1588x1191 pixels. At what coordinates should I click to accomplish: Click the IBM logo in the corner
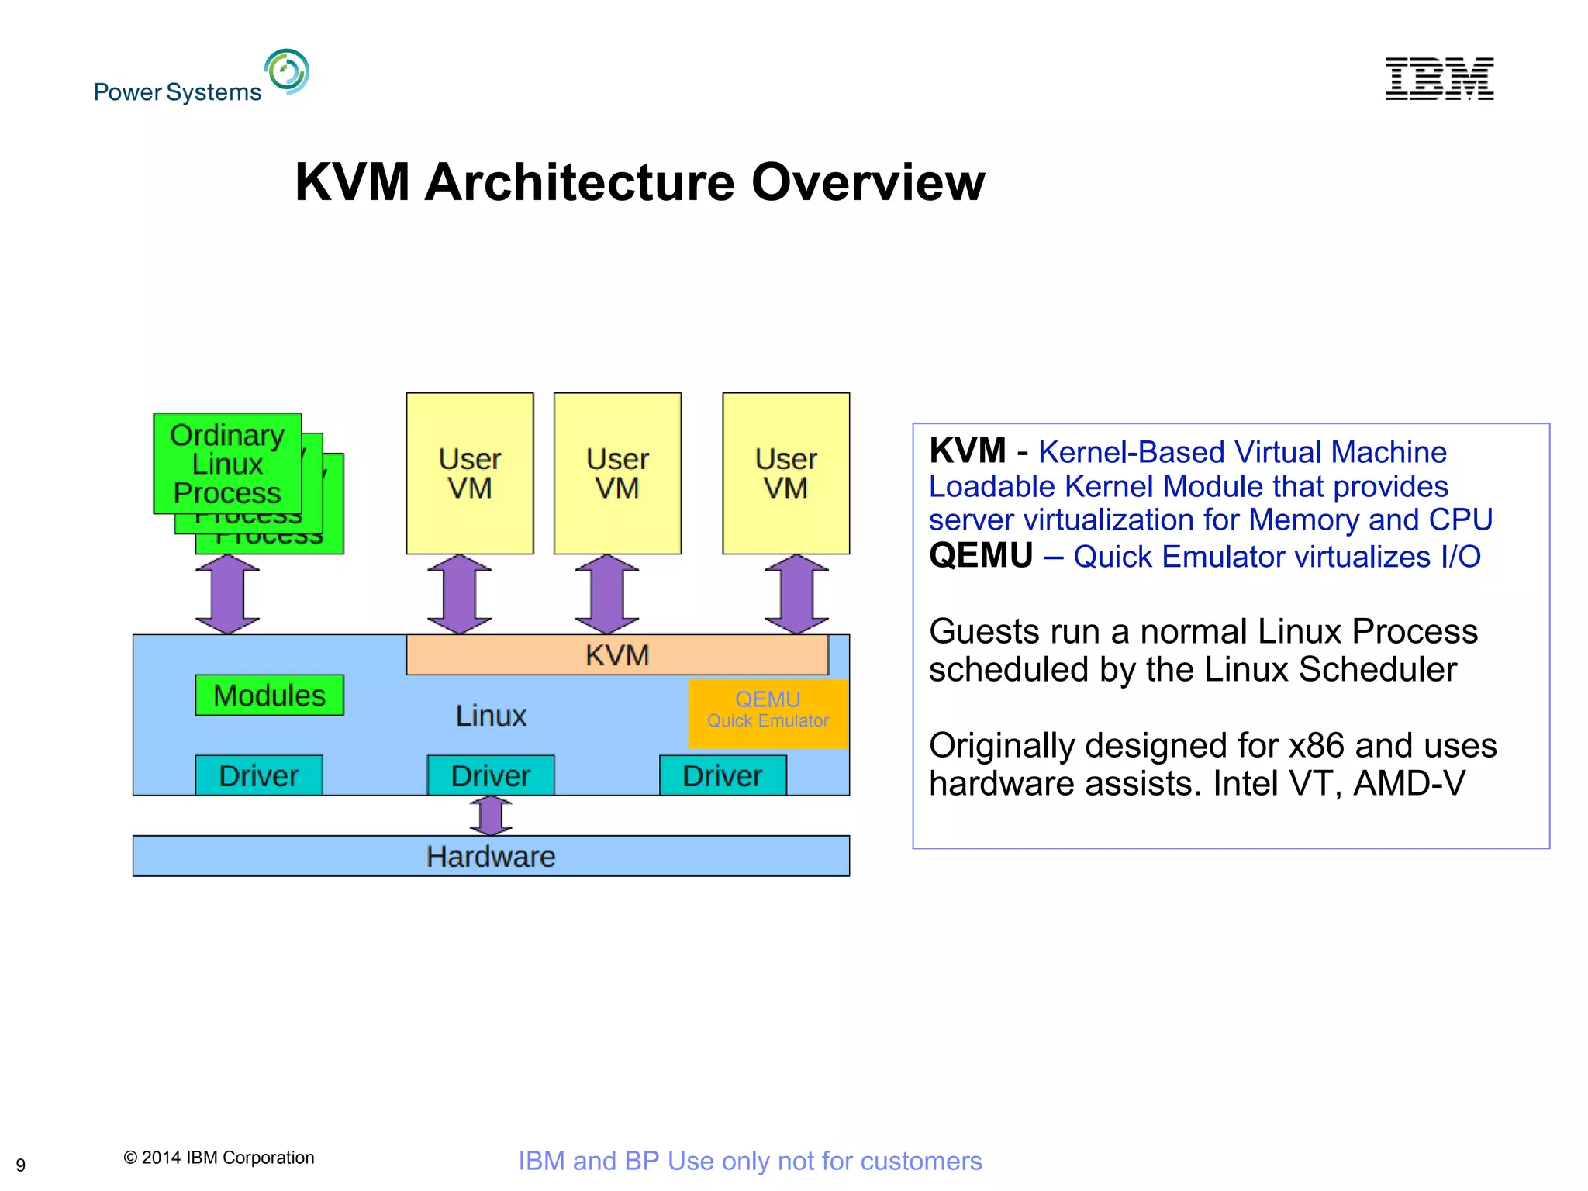click(x=1439, y=78)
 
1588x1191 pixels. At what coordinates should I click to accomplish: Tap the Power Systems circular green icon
click(x=287, y=71)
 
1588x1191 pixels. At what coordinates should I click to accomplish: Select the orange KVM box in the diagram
click(x=617, y=655)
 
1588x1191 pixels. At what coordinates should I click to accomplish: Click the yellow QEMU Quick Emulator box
click(x=768, y=711)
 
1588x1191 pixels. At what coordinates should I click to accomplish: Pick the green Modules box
click(x=269, y=696)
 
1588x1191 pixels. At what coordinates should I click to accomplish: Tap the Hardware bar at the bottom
click(x=491, y=856)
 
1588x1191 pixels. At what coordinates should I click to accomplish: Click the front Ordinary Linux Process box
click(x=227, y=464)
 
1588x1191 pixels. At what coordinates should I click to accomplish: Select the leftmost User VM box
click(x=470, y=473)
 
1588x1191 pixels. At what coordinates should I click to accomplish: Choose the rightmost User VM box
click(x=785, y=473)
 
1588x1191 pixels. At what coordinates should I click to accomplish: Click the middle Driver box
click(x=491, y=775)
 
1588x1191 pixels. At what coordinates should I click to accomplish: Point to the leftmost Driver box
click(x=258, y=775)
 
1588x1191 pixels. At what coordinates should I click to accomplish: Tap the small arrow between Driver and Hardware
click(x=491, y=816)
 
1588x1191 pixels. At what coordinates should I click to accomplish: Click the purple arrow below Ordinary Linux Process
click(x=227, y=594)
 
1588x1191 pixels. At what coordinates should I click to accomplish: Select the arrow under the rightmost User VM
click(x=796, y=594)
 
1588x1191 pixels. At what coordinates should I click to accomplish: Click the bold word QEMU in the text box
click(x=981, y=556)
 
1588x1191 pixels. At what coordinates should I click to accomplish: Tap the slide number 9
click(x=21, y=1165)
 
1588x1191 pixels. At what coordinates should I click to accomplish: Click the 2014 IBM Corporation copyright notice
click(x=219, y=1158)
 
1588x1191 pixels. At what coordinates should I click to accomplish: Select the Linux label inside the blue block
click(x=491, y=716)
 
